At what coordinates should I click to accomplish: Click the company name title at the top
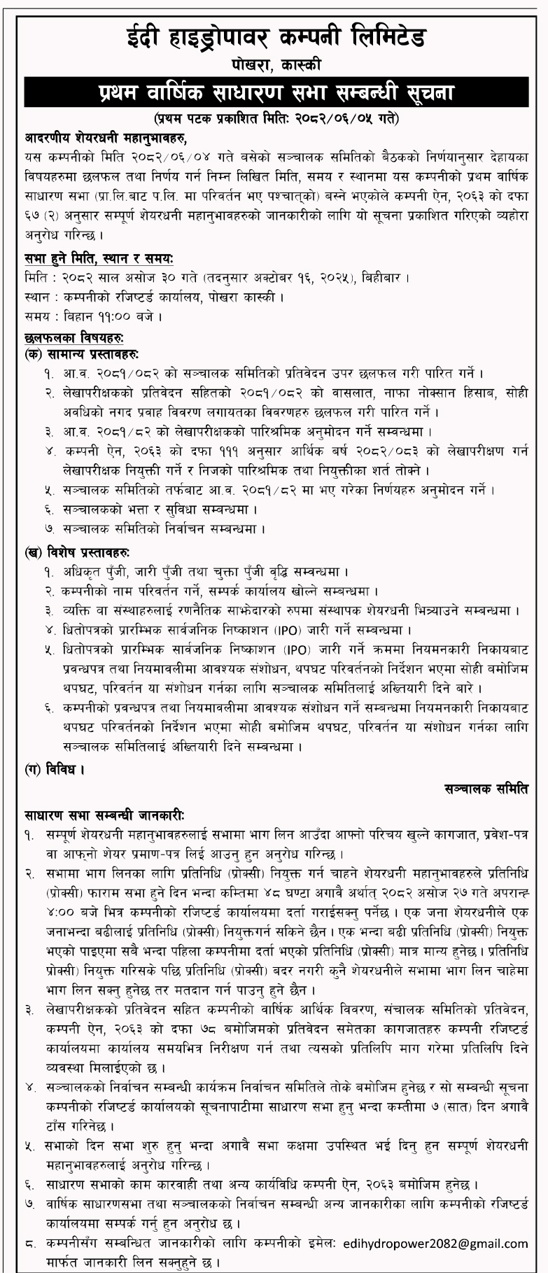(x=274, y=37)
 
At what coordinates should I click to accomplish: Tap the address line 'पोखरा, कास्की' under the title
(x=274, y=65)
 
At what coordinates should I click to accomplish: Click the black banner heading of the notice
(x=274, y=92)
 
